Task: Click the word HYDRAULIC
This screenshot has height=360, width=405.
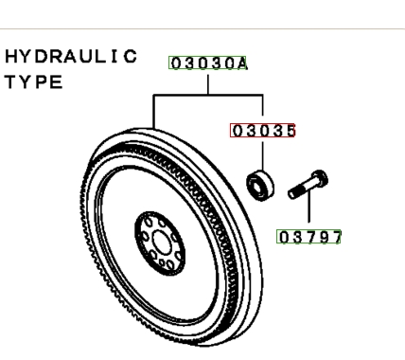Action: point(71,57)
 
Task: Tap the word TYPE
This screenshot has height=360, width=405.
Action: point(34,82)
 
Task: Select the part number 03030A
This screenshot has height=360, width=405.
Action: point(208,63)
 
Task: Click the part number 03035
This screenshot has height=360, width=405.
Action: point(264,131)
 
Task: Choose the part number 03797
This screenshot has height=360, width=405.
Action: point(309,237)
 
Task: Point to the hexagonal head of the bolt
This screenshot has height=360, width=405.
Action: point(319,178)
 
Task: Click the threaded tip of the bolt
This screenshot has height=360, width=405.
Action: point(294,192)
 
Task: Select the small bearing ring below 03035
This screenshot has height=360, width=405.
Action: point(260,186)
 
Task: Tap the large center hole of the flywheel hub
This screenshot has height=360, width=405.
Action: point(162,243)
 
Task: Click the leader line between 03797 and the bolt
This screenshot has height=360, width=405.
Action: point(308,207)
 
